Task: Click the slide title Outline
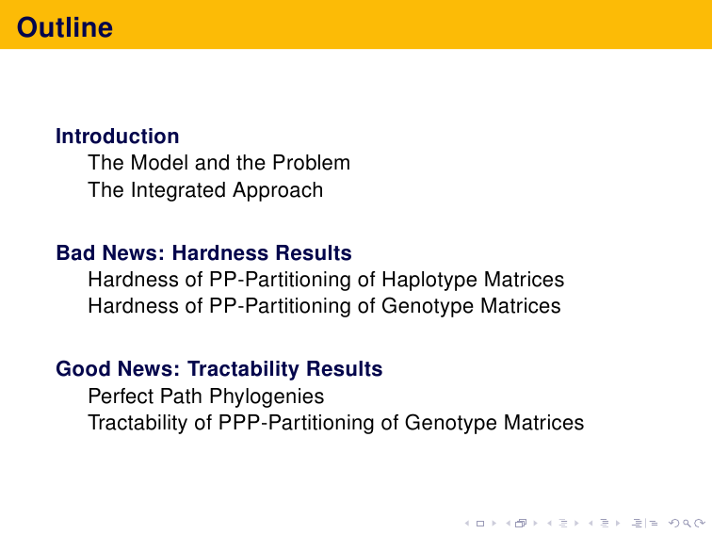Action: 64,27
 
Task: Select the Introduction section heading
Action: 117,137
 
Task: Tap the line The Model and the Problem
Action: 218,163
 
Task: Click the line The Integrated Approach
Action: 205,190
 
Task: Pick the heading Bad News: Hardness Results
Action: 203,253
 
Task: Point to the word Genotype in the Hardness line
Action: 428,306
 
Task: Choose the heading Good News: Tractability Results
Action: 219,369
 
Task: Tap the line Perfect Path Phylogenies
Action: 206,396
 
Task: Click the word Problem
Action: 311,163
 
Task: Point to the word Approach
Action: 278,190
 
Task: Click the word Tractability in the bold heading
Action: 243,369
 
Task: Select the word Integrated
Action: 178,190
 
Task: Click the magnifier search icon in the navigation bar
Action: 687,524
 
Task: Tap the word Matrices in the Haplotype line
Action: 524,280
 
